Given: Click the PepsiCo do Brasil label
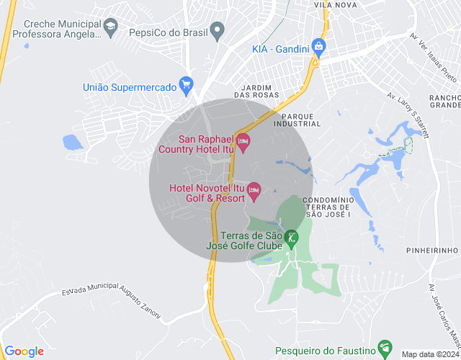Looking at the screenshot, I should click(166, 32).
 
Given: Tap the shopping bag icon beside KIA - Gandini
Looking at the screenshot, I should click(319, 48).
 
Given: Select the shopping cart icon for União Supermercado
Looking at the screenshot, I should click(187, 85).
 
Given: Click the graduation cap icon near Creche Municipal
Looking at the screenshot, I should click(111, 28).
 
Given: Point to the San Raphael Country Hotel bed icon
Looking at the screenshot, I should click(243, 142).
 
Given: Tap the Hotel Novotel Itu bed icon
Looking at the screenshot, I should click(254, 191).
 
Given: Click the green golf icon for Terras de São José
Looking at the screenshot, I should click(291, 237).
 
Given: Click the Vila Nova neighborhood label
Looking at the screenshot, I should click(336, 4).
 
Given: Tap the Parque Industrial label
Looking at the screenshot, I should click(302, 120).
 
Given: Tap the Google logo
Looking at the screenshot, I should click(24, 351).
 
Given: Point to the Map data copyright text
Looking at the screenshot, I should click(430, 354).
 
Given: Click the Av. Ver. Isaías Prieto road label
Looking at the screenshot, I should click(433, 53).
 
